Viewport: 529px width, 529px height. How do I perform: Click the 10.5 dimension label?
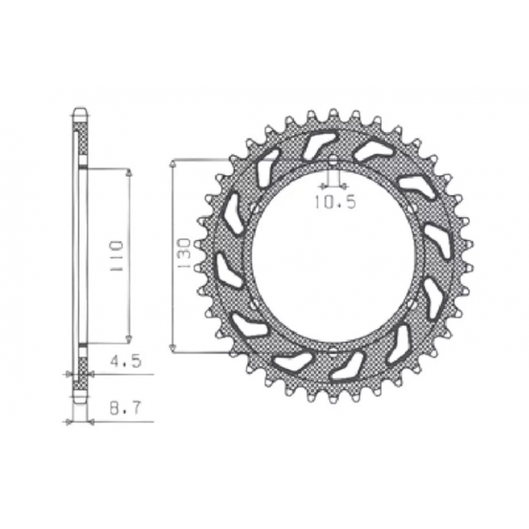(335, 202)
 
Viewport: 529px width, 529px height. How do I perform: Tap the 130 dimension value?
(184, 253)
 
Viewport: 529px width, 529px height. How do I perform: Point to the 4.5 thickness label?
(125, 361)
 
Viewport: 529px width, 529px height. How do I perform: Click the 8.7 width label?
(124, 409)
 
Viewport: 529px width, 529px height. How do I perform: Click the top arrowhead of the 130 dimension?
(173, 164)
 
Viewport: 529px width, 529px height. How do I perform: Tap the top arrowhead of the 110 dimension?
(128, 173)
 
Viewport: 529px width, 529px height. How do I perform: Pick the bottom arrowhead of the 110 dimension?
(128, 339)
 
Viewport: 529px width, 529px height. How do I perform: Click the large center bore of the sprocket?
(333, 256)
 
